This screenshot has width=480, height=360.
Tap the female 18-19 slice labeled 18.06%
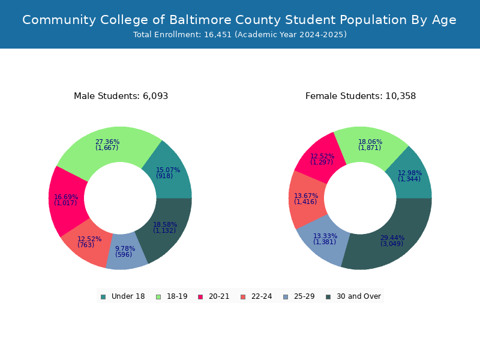coord(370,145)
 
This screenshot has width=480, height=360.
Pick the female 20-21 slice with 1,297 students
coord(322,159)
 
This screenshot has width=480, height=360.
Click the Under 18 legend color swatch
coord(103,297)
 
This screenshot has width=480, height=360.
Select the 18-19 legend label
coord(177,296)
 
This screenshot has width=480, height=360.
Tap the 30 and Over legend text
coord(359,296)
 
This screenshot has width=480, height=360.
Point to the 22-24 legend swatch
coord(243,297)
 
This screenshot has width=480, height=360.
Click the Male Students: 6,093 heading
coord(121,96)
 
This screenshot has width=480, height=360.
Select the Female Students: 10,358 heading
coord(361,96)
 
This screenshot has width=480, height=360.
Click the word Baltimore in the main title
coord(200,20)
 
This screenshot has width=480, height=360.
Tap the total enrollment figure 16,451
coord(218,35)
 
